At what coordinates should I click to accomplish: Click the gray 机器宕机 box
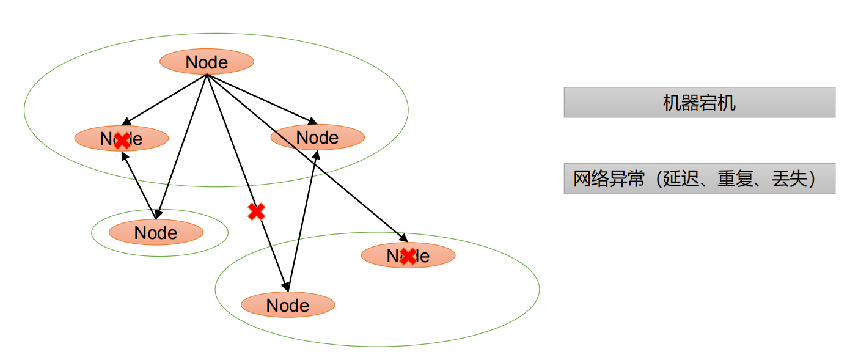(699, 102)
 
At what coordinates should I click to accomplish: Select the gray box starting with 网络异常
(699, 178)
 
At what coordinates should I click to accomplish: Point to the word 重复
(735, 178)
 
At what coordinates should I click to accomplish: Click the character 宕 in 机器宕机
(708, 103)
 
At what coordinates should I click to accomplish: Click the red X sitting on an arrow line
(257, 211)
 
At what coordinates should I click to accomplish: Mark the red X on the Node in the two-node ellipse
(408, 256)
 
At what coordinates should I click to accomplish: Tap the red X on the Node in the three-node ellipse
(122, 141)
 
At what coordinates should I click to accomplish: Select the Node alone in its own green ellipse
(156, 232)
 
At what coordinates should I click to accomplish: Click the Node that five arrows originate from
(207, 62)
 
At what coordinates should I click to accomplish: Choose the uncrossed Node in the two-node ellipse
(288, 305)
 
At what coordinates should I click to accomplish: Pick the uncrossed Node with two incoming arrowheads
(318, 137)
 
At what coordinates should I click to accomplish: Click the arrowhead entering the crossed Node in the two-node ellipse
(403, 238)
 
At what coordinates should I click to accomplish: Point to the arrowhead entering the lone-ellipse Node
(158, 214)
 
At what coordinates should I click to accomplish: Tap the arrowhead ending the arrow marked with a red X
(285, 287)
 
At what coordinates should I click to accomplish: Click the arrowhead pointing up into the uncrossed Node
(316, 155)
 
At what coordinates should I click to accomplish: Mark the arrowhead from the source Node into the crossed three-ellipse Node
(126, 122)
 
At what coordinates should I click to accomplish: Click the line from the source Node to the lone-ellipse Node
(181, 147)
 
